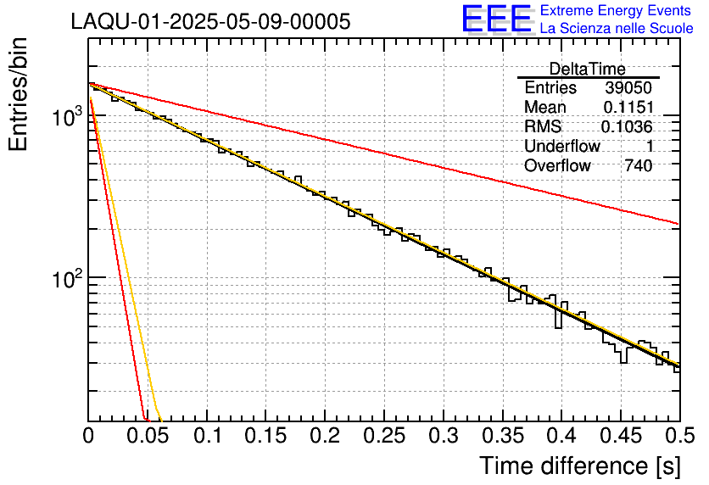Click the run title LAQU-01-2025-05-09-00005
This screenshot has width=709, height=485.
pyautogui.click(x=210, y=22)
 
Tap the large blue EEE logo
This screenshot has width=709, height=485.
pyautogui.click(x=497, y=19)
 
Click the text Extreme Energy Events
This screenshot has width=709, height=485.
pyautogui.click(x=616, y=11)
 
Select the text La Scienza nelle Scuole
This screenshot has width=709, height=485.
pyautogui.click(x=617, y=28)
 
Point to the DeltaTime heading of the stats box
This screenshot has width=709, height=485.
pyautogui.click(x=588, y=69)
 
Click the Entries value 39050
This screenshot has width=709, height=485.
pyautogui.click(x=628, y=88)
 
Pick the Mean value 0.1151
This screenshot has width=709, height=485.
pyautogui.click(x=628, y=108)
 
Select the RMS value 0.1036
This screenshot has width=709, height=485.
pyautogui.click(x=627, y=127)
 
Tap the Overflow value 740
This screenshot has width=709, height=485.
pyautogui.click(x=638, y=166)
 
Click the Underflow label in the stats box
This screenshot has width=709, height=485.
pyautogui.click(x=561, y=147)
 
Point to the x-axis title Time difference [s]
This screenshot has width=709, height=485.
pyautogui.click(x=579, y=465)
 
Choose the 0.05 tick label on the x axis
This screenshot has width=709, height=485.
pyautogui.click(x=148, y=437)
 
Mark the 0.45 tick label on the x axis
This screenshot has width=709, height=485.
pyautogui.click(x=620, y=437)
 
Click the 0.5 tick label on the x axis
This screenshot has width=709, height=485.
pyautogui.click(x=678, y=437)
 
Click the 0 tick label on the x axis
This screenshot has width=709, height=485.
pyautogui.click(x=89, y=437)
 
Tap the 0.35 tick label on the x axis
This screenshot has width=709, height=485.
pyautogui.click(x=502, y=437)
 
